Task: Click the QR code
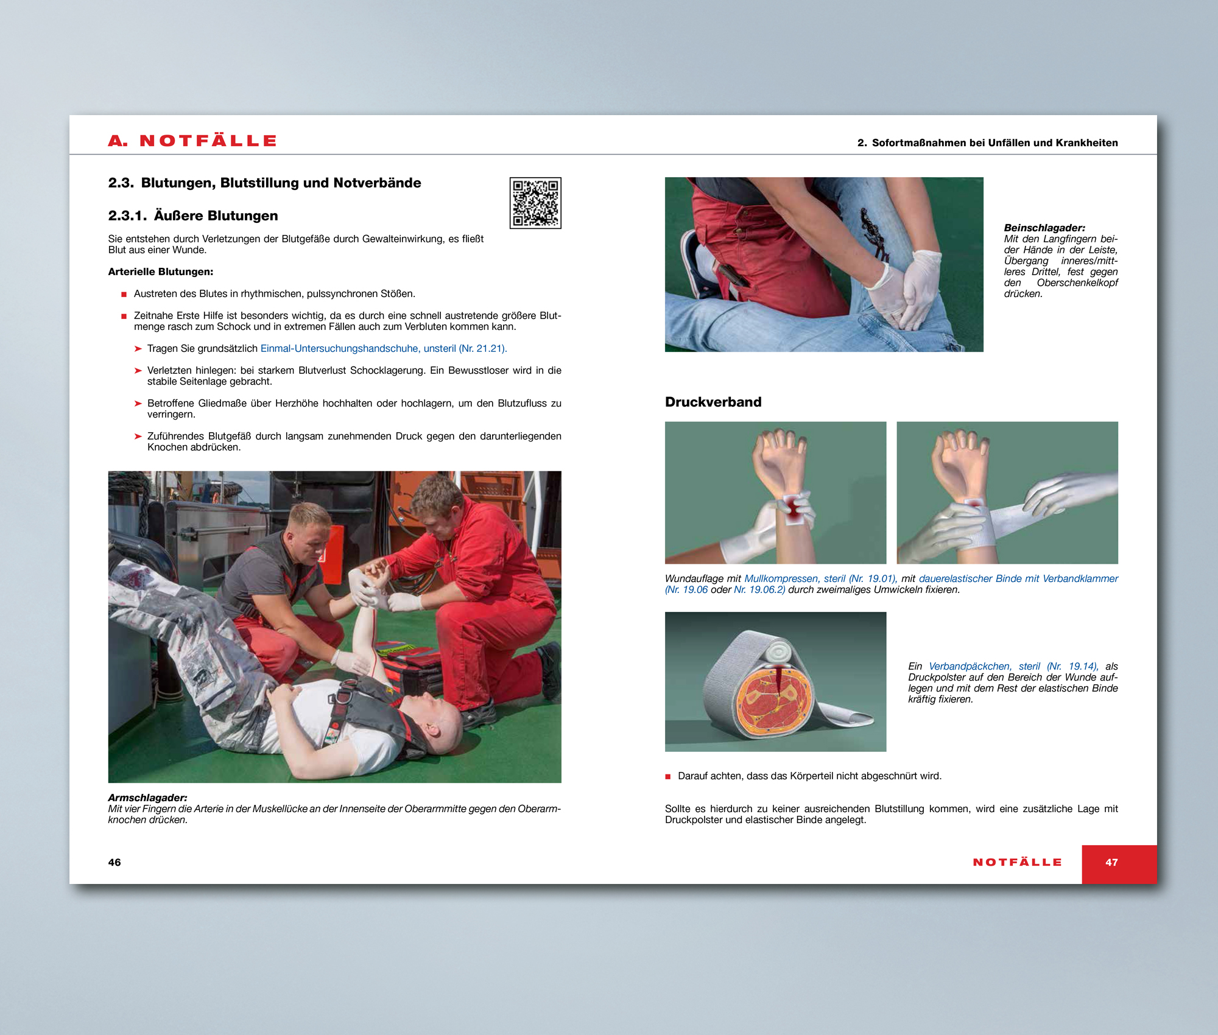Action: tap(535, 203)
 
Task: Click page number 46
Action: tap(114, 862)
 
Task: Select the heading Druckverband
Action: tap(713, 402)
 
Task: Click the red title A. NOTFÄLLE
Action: tap(192, 141)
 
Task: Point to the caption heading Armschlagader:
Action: tap(147, 798)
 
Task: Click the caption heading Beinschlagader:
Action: tap(1044, 228)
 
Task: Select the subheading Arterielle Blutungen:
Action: tap(161, 272)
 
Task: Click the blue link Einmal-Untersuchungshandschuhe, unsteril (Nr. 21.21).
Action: tap(384, 348)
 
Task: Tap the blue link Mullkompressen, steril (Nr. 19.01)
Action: tap(819, 578)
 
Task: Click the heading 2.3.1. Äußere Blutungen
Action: tap(193, 216)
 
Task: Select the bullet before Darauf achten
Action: tap(667, 776)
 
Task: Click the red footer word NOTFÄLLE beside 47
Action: tap(1017, 862)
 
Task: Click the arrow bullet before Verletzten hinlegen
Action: tap(138, 370)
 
